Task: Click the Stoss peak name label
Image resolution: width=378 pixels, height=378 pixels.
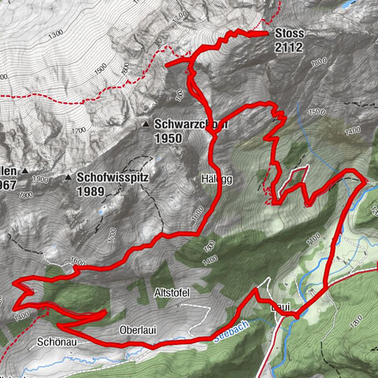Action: tap(289, 34)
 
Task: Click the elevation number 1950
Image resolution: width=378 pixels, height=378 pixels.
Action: tap(169, 138)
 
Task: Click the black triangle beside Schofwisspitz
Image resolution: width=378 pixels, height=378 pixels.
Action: tap(69, 178)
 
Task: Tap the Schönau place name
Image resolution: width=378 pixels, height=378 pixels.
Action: tap(56, 343)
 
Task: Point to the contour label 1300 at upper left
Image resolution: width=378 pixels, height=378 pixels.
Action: tap(54, 35)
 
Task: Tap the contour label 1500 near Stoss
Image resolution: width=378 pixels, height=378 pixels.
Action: tap(314, 111)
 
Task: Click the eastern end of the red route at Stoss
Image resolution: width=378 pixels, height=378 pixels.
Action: tap(266, 33)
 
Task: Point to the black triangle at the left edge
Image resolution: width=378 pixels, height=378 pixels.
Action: tap(25, 171)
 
